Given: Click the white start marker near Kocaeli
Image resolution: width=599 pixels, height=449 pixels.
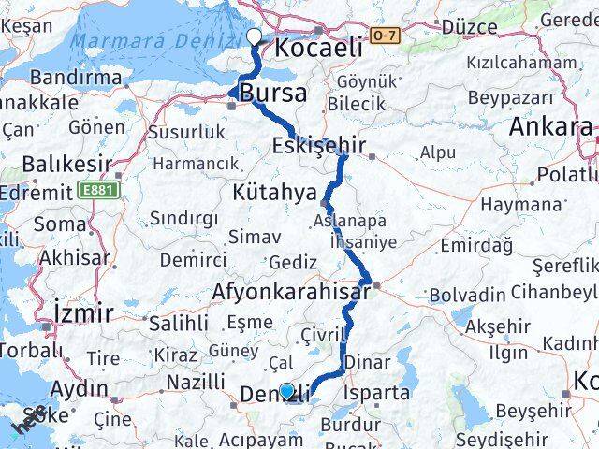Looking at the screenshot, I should tap(254, 37).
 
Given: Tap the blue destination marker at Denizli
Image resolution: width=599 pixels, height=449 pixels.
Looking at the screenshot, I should tap(286, 391).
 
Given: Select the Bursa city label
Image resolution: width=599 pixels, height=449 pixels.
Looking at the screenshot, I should tap(272, 94).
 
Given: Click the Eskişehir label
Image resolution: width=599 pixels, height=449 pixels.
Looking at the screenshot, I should tap(319, 145).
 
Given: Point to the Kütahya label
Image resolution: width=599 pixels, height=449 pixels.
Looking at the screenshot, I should tap(272, 194).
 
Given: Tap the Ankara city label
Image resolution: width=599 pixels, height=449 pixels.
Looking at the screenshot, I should tap(550, 128).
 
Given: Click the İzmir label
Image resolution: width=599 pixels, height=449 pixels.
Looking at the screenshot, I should tap(84, 311).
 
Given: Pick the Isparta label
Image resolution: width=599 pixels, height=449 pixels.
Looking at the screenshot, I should tap(377, 393).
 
